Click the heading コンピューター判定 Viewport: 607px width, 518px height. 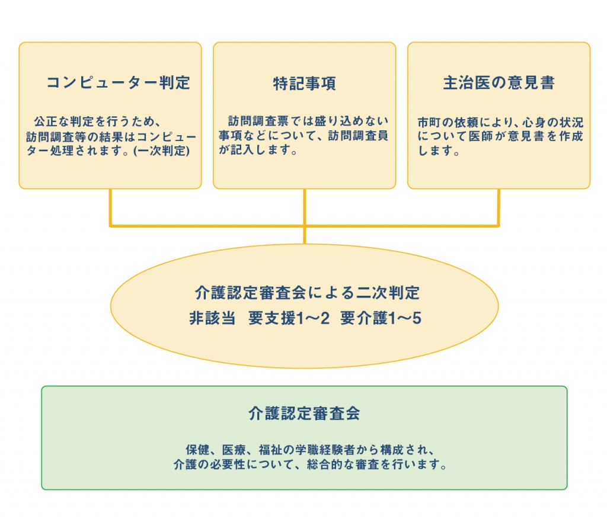[x=118, y=82]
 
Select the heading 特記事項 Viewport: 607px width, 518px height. [x=304, y=83]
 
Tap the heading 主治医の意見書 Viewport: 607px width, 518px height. [x=499, y=82]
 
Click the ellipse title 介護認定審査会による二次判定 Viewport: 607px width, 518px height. [x=307, y=293]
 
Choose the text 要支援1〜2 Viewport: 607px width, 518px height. [x=289, y=318]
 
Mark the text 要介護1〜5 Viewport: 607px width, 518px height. [x=381, y=318]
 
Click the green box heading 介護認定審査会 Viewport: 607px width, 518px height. [x=304, y=413]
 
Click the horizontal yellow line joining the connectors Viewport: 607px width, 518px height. [x=207, y=225]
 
